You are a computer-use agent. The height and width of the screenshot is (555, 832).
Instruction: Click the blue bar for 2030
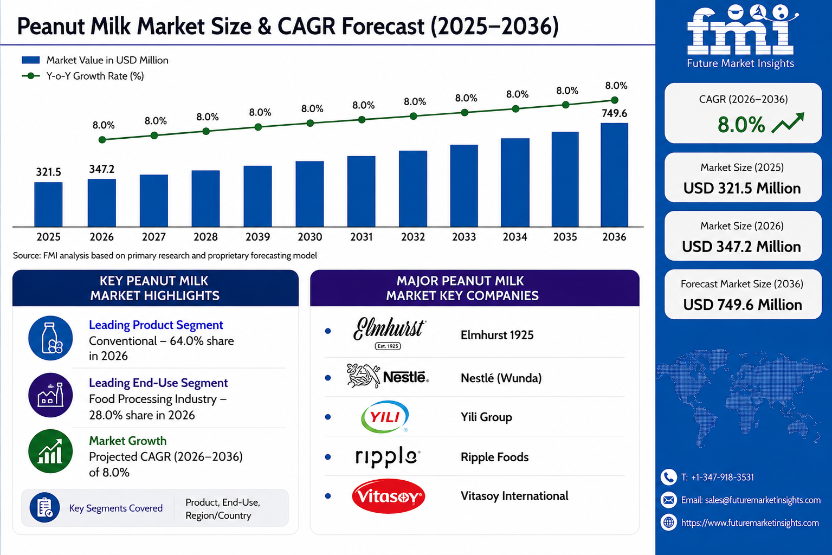click(x=310, y=193)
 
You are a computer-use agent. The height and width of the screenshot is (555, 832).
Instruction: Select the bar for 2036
click(x=614, y=175)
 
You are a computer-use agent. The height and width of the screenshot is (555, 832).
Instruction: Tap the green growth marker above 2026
click(x=102, y=140)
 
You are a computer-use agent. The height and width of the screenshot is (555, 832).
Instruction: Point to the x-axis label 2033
click(x=464, y=237)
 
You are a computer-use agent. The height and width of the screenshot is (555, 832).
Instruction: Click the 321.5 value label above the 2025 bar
click(x=48, y=172)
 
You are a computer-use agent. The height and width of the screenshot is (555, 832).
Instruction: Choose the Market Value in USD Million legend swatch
click(x=31, y=60)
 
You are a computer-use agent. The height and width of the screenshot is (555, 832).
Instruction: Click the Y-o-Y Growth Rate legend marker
click(x=31, y=76)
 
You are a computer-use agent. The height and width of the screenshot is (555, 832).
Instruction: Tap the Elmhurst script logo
click(x=389, y=333)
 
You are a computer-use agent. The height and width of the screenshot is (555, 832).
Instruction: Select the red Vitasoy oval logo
click(x=388, y=496)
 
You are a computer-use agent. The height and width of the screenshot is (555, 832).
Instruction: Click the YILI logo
click(x=385, y=417)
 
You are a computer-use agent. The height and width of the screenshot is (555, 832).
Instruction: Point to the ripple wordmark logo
click(x=388, y=456)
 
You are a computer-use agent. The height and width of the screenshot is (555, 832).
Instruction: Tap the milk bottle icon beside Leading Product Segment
click(x=50, y=338)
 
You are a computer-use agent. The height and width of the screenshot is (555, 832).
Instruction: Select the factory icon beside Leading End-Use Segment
click(x=50, y=395)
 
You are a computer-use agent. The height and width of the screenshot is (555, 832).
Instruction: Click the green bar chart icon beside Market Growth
click(x=50, y=451)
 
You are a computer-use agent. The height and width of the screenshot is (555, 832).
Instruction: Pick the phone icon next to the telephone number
click(x=668, y=477)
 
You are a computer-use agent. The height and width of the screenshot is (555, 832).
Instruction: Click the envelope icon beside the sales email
click(x=668, y=500)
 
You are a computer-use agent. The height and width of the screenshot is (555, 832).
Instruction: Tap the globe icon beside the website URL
click(x=668, y=522)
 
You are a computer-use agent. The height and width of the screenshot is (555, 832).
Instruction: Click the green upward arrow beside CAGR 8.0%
click(x=788, y=122)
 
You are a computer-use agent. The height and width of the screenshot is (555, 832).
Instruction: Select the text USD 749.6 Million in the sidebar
click(x=743, y=305)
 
